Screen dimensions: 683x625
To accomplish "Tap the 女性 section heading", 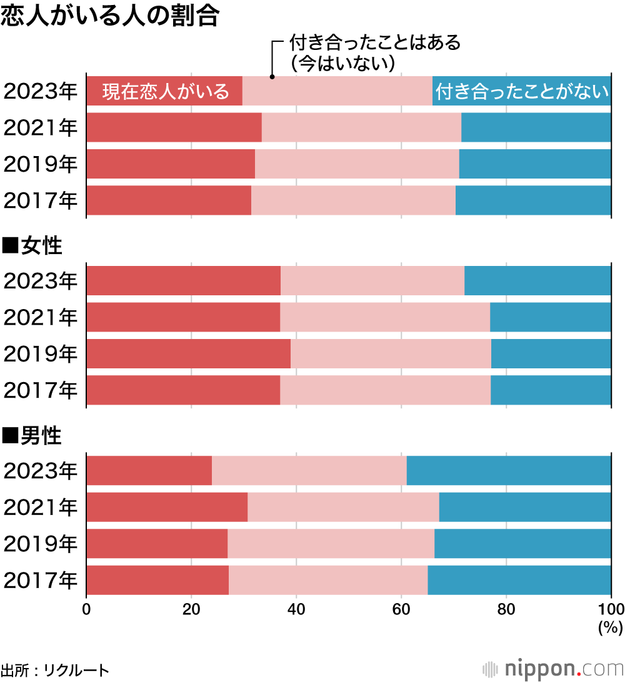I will coord(32,245).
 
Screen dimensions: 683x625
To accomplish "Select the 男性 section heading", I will coord(32,436).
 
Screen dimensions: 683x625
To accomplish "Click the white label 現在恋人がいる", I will coord(166,91).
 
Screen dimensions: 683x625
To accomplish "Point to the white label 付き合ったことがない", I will coord(522,91).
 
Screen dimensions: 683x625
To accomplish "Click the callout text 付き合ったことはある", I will coord(375,43).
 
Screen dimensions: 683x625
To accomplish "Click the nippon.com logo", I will coord(553,669).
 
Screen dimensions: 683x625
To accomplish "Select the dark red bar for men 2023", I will coord(149,470).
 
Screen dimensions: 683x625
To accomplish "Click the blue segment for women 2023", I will coord(537,280).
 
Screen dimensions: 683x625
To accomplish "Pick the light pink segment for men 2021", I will coord(343,507).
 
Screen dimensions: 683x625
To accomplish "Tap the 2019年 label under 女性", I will coord(41,354).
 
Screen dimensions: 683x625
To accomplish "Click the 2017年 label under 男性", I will coord(41,581).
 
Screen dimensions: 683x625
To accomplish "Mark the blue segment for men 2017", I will coord(519,581).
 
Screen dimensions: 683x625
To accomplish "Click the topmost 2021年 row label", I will coord(41,127).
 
